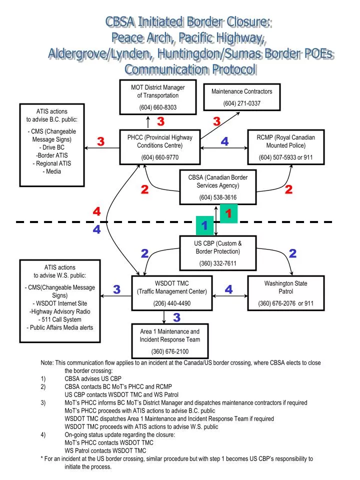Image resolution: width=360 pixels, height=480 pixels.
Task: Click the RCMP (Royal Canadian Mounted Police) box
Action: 285,147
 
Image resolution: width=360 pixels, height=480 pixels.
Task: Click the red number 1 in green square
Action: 228,214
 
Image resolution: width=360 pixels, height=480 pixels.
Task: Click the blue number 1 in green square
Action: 204,226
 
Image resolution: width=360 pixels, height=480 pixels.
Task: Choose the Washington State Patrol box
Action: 285,293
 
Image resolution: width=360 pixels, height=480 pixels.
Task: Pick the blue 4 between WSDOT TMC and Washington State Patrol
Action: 228,289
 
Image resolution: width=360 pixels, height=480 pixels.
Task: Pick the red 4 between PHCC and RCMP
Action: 224,142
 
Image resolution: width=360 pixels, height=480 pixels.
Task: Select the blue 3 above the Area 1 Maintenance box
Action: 176,318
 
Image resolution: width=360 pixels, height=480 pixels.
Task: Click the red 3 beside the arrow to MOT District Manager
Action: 160,121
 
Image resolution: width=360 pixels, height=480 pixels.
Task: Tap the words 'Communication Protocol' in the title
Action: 190,69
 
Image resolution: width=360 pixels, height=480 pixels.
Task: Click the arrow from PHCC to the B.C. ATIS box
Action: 102,148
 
